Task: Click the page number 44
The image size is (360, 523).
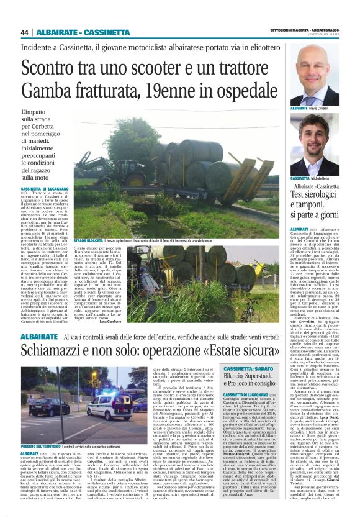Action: tap(25, 32)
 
